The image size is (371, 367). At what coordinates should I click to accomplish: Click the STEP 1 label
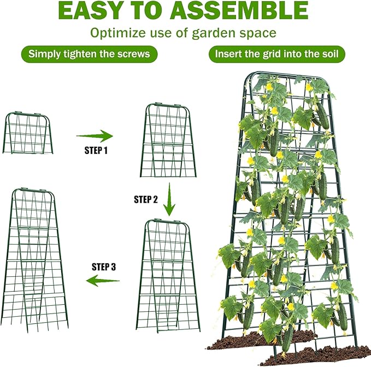(x=96, y=150)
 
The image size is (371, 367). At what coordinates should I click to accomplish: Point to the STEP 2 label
(x=146, y=199)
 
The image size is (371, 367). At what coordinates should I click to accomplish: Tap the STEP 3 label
(x=103, y=267)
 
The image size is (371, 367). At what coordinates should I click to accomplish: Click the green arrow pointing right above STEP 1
(x=94, y=135)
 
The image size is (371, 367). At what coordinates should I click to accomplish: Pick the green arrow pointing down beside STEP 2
(x=170, y=199)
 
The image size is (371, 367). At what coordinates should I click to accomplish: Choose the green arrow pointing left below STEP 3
(x=103, y=281)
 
